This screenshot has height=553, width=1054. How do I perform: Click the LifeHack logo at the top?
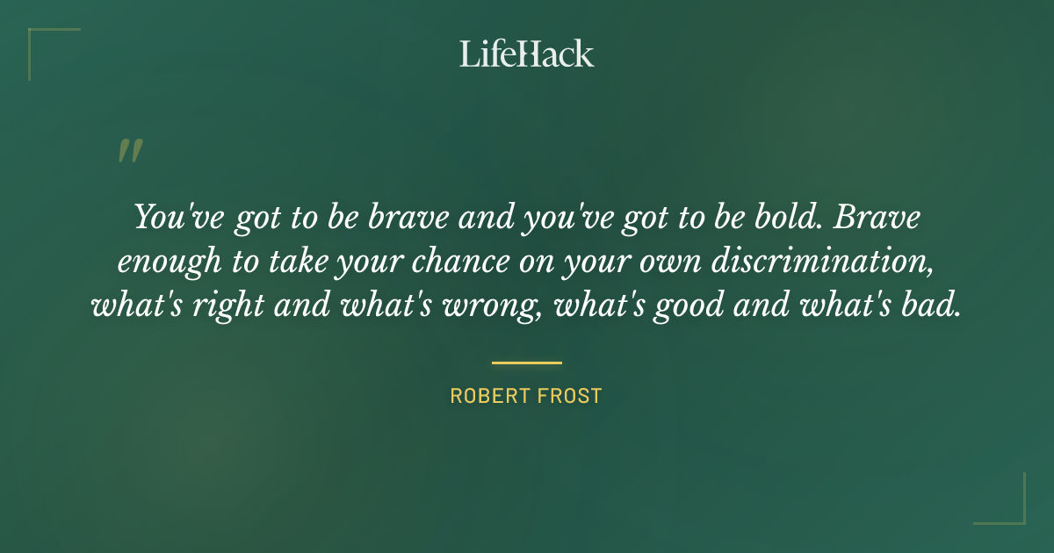[526, 54]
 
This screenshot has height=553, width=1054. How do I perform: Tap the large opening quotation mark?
[129, 151]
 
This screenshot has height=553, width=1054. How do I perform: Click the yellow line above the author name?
[526, 363]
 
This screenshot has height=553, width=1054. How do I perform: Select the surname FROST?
[570, 396]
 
